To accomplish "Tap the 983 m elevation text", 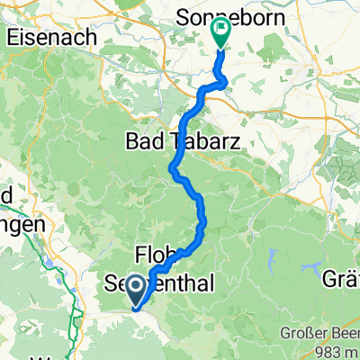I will (329, 350).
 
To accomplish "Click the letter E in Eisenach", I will (13, 39).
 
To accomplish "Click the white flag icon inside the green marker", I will (220, 30).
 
